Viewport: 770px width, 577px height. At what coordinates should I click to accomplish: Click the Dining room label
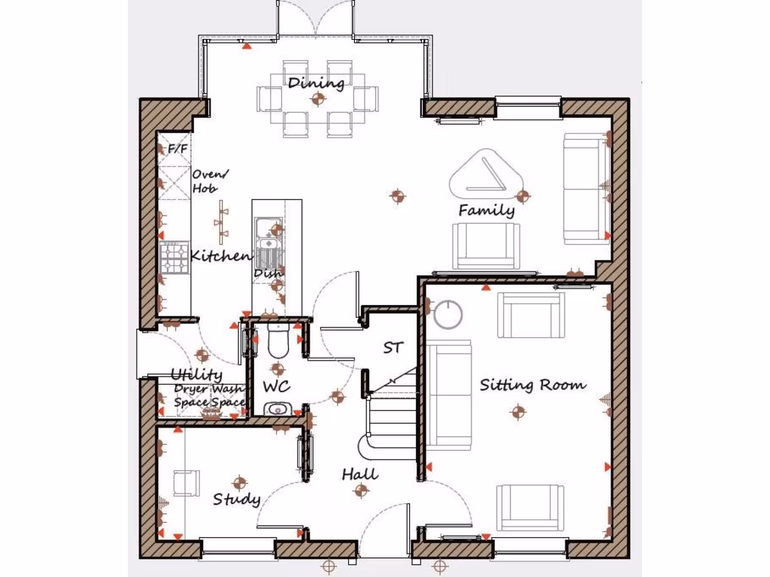coord(316,83)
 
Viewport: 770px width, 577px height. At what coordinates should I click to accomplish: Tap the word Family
coord(487,210)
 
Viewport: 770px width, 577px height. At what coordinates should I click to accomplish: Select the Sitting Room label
coord(532,385)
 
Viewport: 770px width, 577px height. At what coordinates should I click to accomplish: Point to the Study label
coord(236,500)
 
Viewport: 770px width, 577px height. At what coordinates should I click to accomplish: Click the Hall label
coord(359,475)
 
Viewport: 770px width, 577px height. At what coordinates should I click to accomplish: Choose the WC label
coord(276,387)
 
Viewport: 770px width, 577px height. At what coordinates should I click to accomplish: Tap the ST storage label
coord(393,348)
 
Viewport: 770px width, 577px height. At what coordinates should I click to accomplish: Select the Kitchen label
coord(220,256)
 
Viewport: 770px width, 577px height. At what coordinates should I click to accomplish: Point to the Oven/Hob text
coord(209,181)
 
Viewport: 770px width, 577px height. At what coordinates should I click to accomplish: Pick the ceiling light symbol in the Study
coord(240,482)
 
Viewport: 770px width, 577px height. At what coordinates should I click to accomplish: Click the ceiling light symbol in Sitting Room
coord(517,411)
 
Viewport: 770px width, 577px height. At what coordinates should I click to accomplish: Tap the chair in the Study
coord(186,482)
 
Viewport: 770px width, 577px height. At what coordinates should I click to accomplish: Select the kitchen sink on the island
coord(267,234)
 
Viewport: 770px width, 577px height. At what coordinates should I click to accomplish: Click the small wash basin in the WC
coord(277,409)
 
